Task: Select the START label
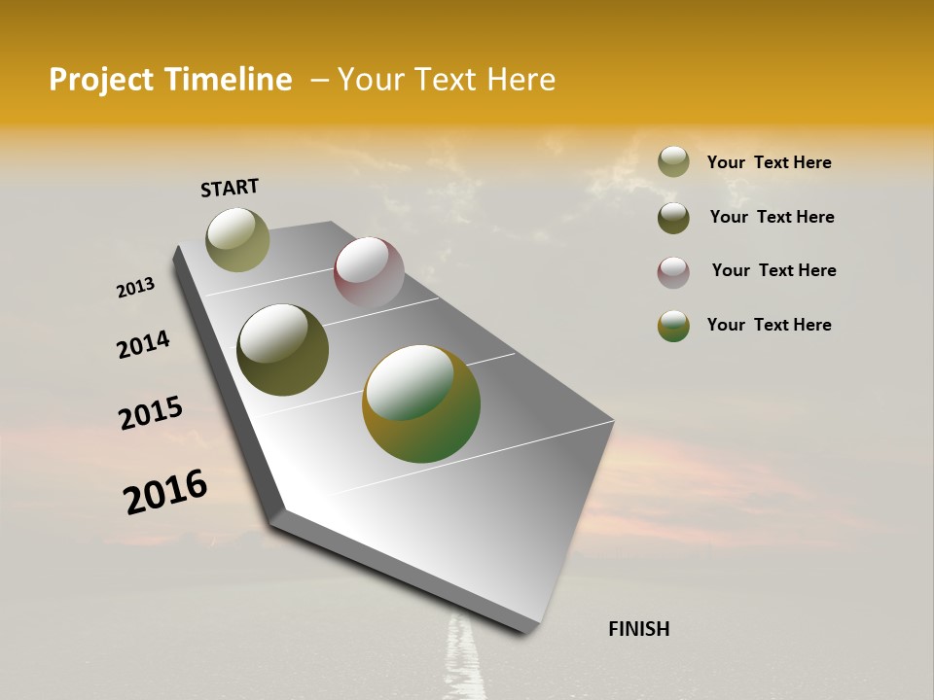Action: pyautogui.click(x=230, y=188)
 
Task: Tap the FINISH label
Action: pyautogui.click(x=638, y=629)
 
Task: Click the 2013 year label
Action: pyautogui.click(x=136, y=288)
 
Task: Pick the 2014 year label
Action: pyautogui.click(x=143, y=344)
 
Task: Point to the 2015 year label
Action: pyautogui.click(x=151, y=413)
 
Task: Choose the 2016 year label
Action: pyautogui.click(x=165, y=492)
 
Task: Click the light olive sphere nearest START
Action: pyautogui.click(x=238, y=239)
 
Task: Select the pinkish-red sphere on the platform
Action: pyautogui.click(x=369, y=272)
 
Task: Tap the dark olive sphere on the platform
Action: pyautogui.click(x=283, y=350)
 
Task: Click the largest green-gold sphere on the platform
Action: pyautogui.click(x=421, y=403)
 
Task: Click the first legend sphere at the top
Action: pyautogui.click(x=673, y=161)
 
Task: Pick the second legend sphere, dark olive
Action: pyautogui.click(x=673, y=218)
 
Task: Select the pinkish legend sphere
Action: pyautogui.click(x=673, y=272)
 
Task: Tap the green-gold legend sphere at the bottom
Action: pyautogui.click(x=673, y=326)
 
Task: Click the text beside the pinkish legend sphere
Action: pyautogui.click(x=773, y=270)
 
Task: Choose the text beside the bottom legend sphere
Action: pyautogui.click(x=769, y=325)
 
